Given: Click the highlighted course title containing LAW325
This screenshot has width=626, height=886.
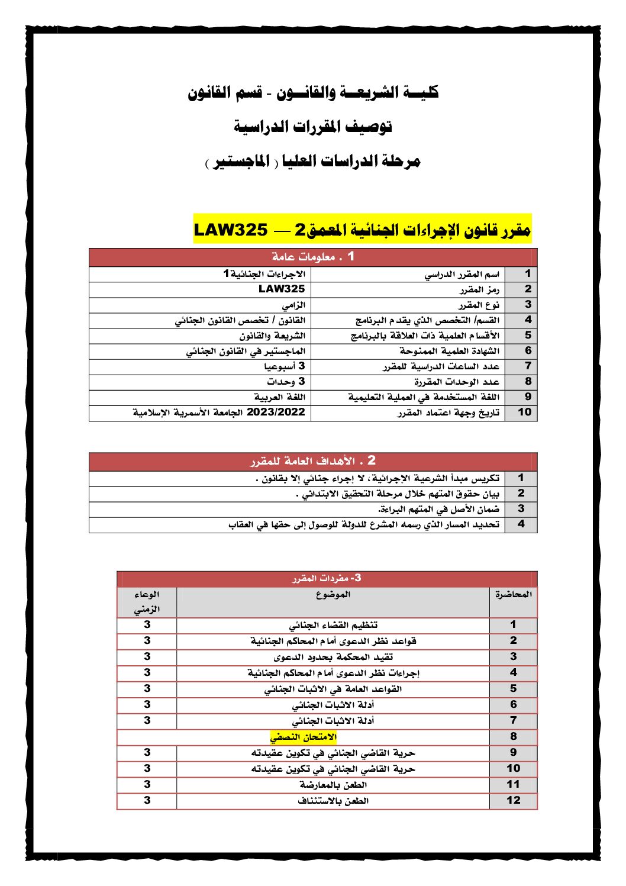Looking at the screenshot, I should click(x=362, y=229).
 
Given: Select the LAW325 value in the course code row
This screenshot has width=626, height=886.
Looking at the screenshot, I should click(x=282, y=289).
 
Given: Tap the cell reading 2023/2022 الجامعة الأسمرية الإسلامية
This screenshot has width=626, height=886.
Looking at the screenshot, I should click(x=219, y=413).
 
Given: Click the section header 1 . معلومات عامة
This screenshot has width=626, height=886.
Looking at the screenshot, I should click(x=313, y=257).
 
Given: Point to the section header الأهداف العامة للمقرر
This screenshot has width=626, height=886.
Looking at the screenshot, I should click(x=313, y=461).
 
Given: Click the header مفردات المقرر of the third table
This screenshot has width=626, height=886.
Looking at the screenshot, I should click(x=327, y=578).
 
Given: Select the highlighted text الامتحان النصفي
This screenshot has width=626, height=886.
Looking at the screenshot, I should click(x=303, y=737).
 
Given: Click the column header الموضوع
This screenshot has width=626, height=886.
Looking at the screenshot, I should click(x=333, y=595).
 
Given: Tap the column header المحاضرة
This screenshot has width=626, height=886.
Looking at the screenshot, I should click(x=513, y=595).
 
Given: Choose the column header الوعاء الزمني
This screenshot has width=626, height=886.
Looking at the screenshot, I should click(x=147, y=602).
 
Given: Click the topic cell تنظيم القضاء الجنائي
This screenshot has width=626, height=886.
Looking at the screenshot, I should click(x=333, y=625).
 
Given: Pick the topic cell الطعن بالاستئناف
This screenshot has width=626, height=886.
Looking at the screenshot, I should click(x=333, y=801).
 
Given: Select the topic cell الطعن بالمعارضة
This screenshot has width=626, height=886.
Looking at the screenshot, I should click(x=333, y=785).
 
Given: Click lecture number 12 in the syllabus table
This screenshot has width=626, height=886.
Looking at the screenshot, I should click(x=513, y=801).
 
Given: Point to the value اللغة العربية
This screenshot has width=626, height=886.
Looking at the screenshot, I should click(x=279, y=397).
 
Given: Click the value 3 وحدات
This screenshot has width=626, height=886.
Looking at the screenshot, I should click(x=286, y=382).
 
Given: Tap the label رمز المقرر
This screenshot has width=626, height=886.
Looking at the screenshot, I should click(x=479, y=289).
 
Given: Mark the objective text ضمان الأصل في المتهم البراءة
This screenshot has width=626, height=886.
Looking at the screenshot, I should click(x=438, y=509).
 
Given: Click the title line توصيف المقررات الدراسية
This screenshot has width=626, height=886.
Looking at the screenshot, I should click(x=313, y=127).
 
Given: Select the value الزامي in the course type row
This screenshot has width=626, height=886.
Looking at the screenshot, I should click(x=293, y=305).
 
